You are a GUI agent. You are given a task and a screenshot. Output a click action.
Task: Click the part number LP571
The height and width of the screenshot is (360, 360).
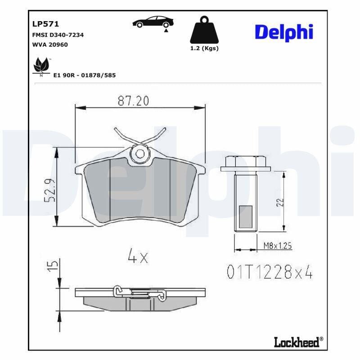tap(45, 24)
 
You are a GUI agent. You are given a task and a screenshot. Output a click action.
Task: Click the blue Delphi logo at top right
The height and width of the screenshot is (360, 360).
tap(283, 32)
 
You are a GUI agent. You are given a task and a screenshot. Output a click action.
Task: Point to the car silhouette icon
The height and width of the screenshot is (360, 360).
tap(152, 22)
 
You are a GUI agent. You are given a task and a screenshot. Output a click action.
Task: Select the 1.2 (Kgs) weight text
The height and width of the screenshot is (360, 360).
tap(204, 49)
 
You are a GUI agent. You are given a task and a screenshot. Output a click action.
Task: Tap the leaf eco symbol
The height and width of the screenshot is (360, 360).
tap(41, 66)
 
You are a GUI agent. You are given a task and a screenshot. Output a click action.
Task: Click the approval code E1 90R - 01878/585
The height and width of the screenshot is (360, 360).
tap(84, 75)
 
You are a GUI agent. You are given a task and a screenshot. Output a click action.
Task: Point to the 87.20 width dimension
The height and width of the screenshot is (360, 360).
tap(133, 101)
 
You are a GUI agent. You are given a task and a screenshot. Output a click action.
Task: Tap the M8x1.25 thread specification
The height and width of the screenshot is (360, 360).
tap(277, 245)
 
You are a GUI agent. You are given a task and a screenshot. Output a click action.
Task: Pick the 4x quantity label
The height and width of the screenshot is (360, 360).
tap(137, 257)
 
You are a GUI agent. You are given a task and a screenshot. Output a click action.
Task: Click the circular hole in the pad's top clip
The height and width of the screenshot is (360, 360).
tap(140, 154)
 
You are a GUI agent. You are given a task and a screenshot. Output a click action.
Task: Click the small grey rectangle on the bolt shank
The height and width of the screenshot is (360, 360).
tap(246, 217)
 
